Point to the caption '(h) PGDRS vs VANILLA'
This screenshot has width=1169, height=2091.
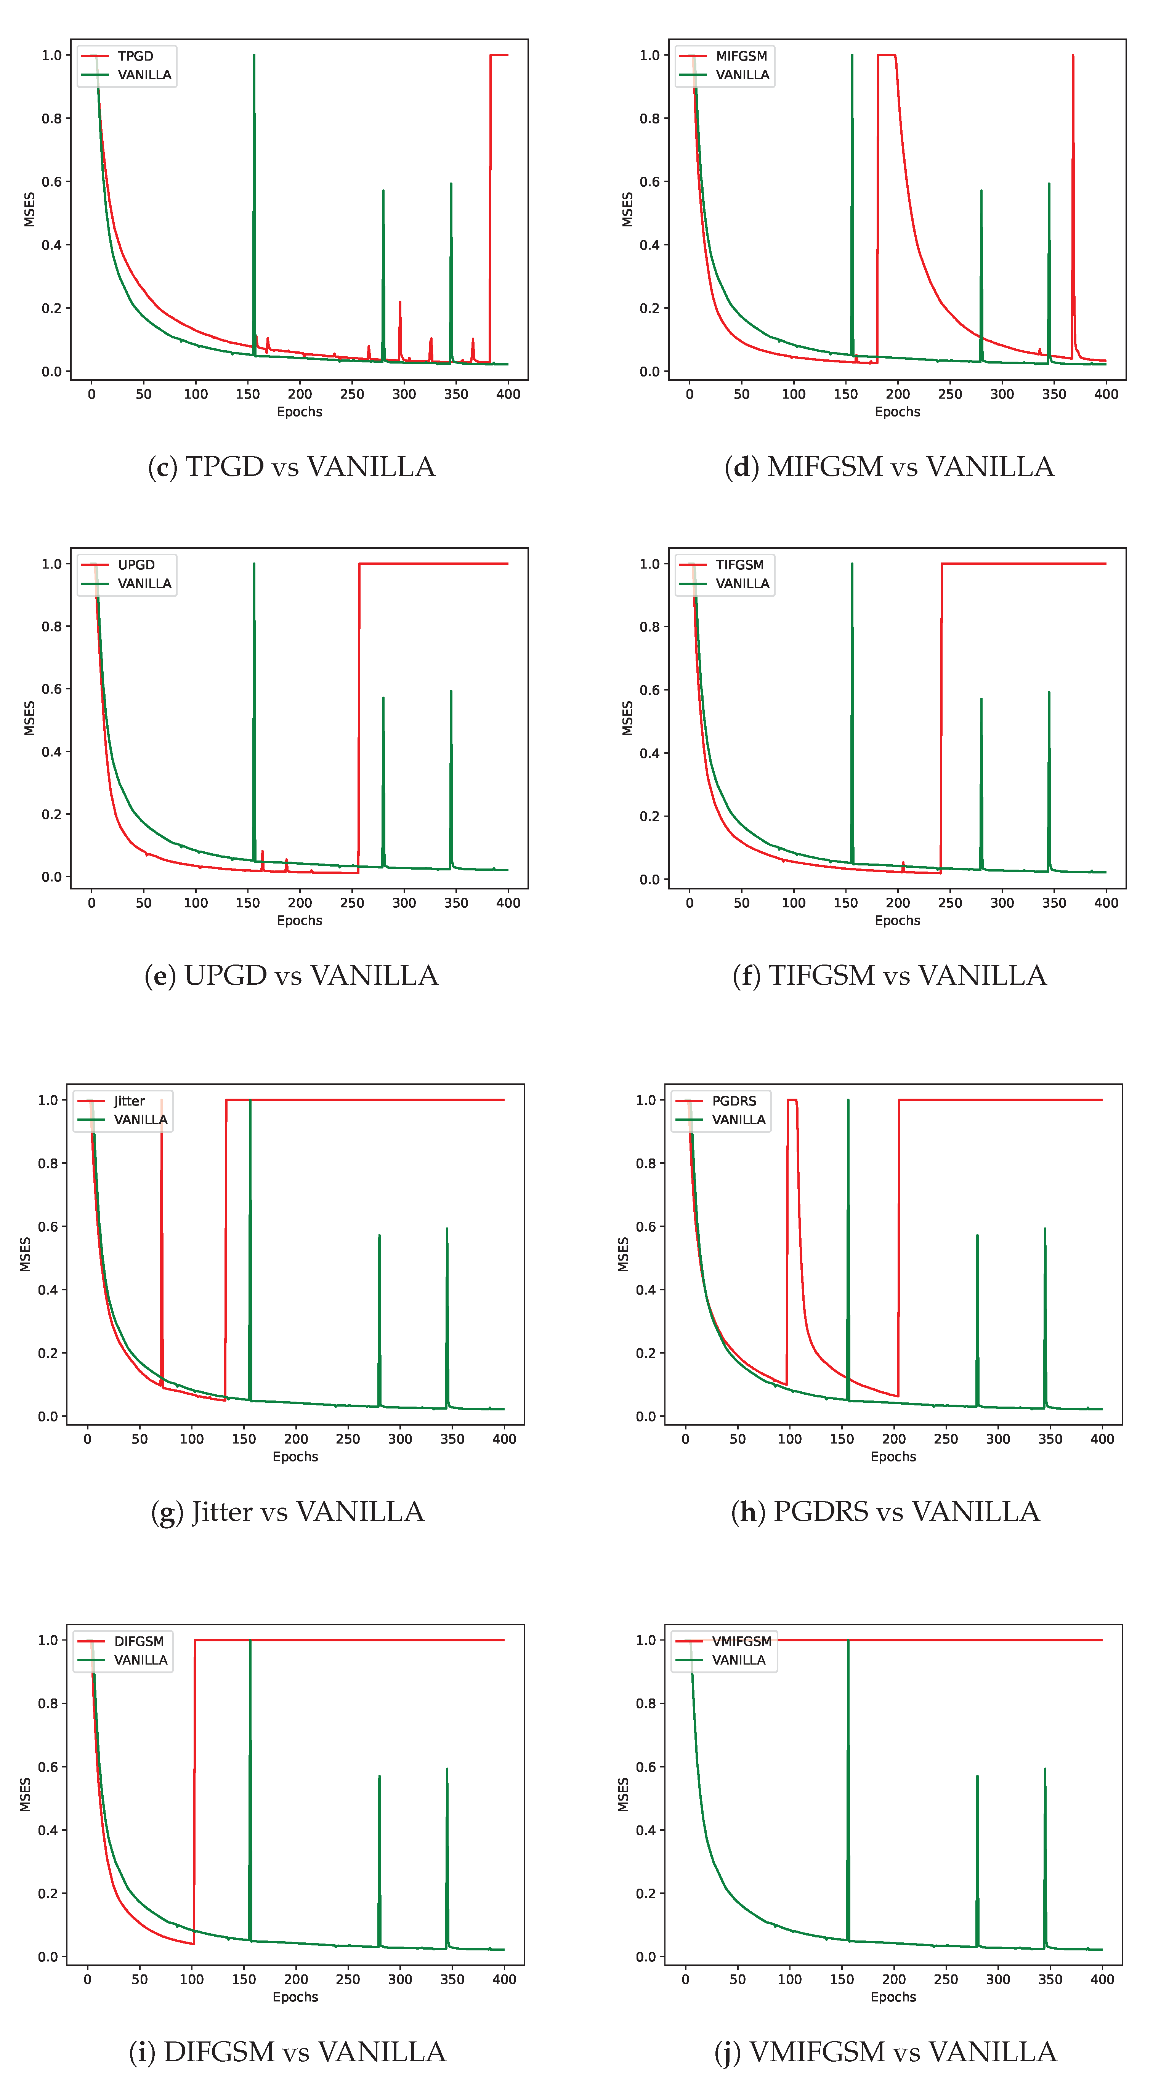point(885,1511)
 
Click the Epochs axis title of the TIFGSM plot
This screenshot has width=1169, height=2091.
point(897,920)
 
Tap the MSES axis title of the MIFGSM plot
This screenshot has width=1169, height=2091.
point(627,210)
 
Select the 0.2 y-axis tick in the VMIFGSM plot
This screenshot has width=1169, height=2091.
point(646,1894)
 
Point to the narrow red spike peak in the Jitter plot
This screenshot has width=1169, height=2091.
point(162,1101)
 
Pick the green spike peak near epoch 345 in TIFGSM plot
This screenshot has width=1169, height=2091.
point(1049,692)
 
